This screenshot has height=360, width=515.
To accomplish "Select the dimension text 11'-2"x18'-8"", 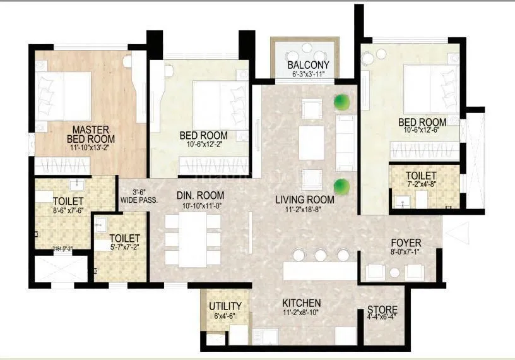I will click(x=305, y=210).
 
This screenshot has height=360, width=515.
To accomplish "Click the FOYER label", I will click(x=406, y=243).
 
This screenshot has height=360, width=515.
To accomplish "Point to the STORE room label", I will click(x=382, y=309).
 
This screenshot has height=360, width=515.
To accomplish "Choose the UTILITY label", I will click(x=224, y=306).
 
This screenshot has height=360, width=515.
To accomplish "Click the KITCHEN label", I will click(x=301, y=303).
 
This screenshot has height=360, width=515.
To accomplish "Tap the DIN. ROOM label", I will click(x=201, y=196).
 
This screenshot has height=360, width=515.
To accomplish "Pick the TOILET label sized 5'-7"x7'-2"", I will click(x=120, y=239).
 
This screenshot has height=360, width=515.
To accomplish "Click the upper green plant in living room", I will click(x=342, y=101).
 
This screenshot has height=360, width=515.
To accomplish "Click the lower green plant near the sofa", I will click(x=343, y=186).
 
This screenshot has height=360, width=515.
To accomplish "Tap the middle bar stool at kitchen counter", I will click(x=321, y=255).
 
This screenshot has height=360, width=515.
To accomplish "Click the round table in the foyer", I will click(x=395, y=272).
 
